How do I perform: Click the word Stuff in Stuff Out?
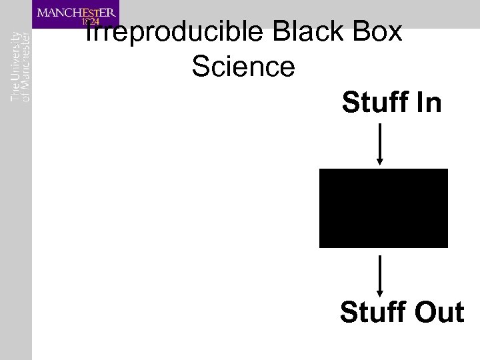(370, 312)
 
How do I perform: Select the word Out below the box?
(436, 312)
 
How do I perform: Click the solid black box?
(383, 208)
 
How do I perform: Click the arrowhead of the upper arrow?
(380, 161)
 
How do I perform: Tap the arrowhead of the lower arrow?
(380, 292)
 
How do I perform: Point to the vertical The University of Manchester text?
(21, 67)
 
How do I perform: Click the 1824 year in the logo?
(90, 21)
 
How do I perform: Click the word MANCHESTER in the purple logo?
(77, 11)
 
